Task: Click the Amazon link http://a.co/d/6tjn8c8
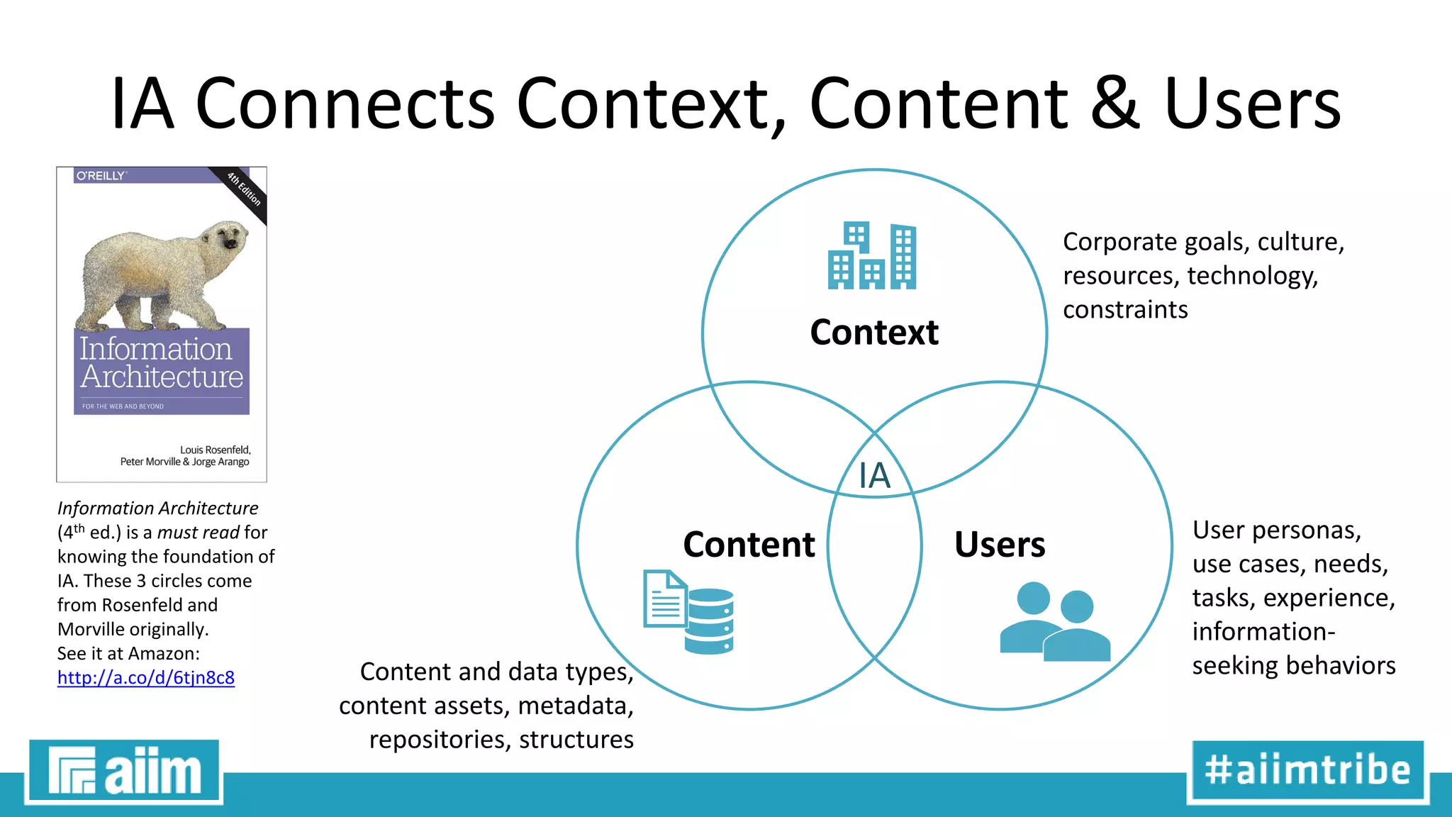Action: (x=145, y=677)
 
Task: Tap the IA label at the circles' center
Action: (x=874, y=475)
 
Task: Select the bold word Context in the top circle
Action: (x=874, y=332)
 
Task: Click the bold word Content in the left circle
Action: (x=749, y=544)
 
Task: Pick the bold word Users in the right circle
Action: (x=999, y=544)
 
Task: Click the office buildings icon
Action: (x=872, y=256)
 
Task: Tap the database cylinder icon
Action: (x=710, y=621)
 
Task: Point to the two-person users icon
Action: (x=1054, y=621)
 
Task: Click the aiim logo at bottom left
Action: (x=124, y=771)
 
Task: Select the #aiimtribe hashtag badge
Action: (x=1307, y=771)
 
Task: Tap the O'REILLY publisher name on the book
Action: (x=101, y=175)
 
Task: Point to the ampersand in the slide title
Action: (x=1115, y=104)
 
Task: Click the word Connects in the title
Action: (x=345, y=104)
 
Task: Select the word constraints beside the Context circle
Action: (x=1125, y=309)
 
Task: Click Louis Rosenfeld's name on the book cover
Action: (x=215, y=450)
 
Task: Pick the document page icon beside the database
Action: (x=664, y=599)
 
